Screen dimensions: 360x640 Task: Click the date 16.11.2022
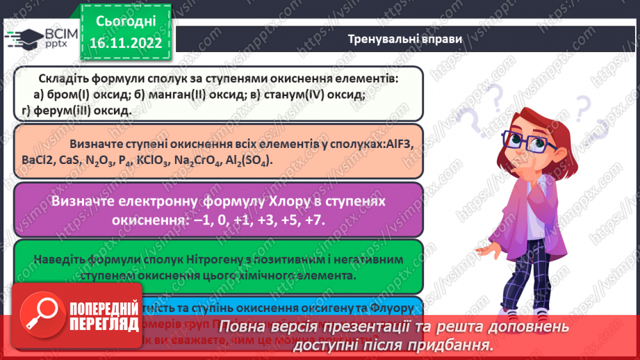tap(125, 42)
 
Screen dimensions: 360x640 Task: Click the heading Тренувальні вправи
tap(404, 39)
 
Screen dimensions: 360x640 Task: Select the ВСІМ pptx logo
tap(39, 37)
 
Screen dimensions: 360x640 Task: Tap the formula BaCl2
tap(39, 161)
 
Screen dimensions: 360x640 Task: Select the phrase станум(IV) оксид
tap(311, 95)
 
